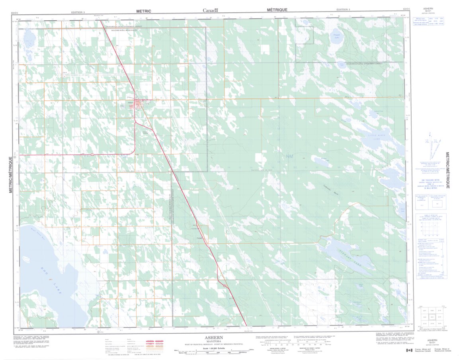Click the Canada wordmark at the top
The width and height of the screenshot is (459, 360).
[211, 10]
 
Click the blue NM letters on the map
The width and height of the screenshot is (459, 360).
[290, 157]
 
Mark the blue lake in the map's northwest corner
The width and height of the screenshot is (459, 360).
[29, 39]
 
